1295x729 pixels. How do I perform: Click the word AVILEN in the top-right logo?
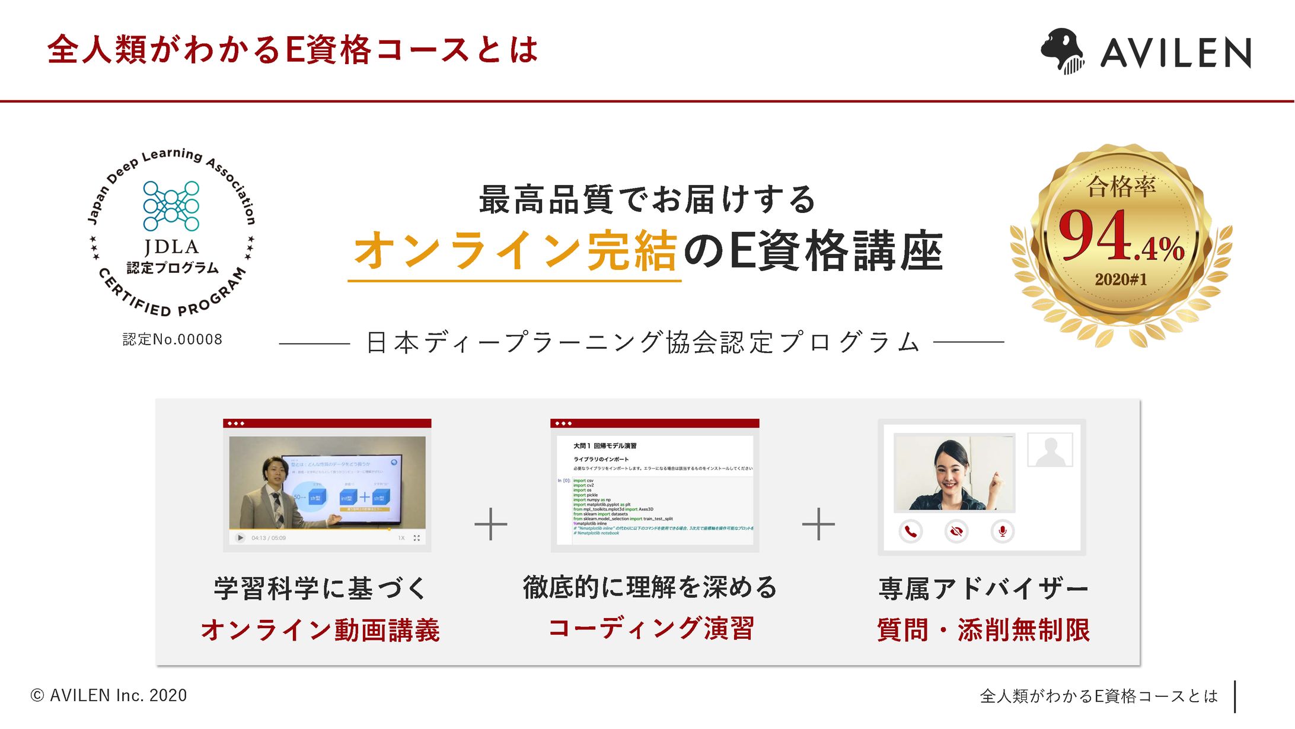1175,53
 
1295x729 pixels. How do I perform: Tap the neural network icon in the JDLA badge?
171,206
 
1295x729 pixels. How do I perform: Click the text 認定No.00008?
173,339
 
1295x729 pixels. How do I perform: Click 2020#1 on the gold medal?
1121,279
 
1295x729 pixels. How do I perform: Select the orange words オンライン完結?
515,251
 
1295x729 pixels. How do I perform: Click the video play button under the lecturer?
240,538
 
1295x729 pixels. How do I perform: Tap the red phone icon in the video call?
910,531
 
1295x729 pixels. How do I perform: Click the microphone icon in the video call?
1002,531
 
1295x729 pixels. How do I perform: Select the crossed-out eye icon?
956,531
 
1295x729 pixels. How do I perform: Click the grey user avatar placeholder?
1050,450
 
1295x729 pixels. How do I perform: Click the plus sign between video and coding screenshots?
491,524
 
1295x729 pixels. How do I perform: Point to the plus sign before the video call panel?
818,524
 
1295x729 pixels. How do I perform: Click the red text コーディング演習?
650,628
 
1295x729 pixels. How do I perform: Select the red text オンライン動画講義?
321,630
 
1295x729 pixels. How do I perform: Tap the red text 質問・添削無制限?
983,630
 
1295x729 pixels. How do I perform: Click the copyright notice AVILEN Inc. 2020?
109,695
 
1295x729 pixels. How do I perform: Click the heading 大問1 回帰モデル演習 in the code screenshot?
604,446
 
